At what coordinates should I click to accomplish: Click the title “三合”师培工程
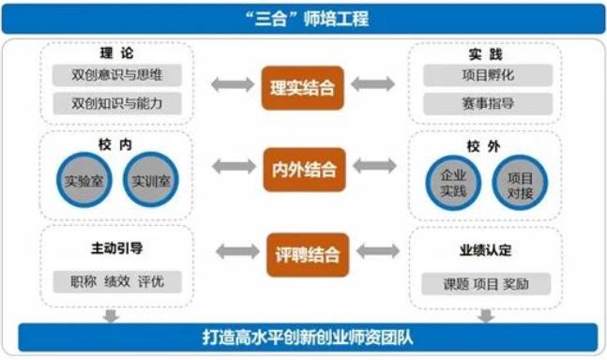tap(303, 18)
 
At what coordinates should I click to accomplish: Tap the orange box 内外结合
tap(302, 170)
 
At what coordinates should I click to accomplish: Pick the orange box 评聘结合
tap(302, 252)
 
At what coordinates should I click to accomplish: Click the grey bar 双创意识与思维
tap(116, 75)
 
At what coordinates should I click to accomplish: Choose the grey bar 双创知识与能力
tap(116, 103)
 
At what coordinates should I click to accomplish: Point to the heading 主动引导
tap(117, 248)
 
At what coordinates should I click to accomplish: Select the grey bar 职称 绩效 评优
tap(117, 280)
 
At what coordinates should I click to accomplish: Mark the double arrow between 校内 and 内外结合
tap(229, 169)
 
